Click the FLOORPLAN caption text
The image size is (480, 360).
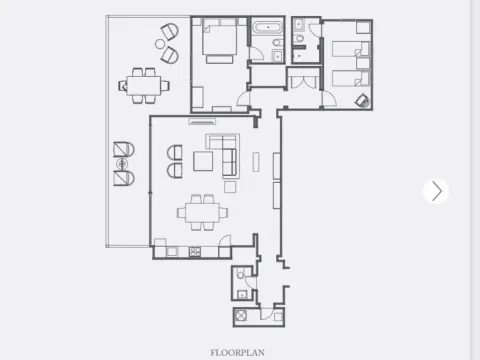[239, 352]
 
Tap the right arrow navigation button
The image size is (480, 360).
[435, 191]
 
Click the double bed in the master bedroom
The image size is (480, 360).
[219, 42]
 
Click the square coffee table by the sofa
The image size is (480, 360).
[203, 161]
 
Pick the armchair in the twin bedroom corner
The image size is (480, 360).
[361, 99]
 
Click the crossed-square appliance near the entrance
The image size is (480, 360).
[242, 316]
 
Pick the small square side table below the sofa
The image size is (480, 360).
[230, 186]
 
